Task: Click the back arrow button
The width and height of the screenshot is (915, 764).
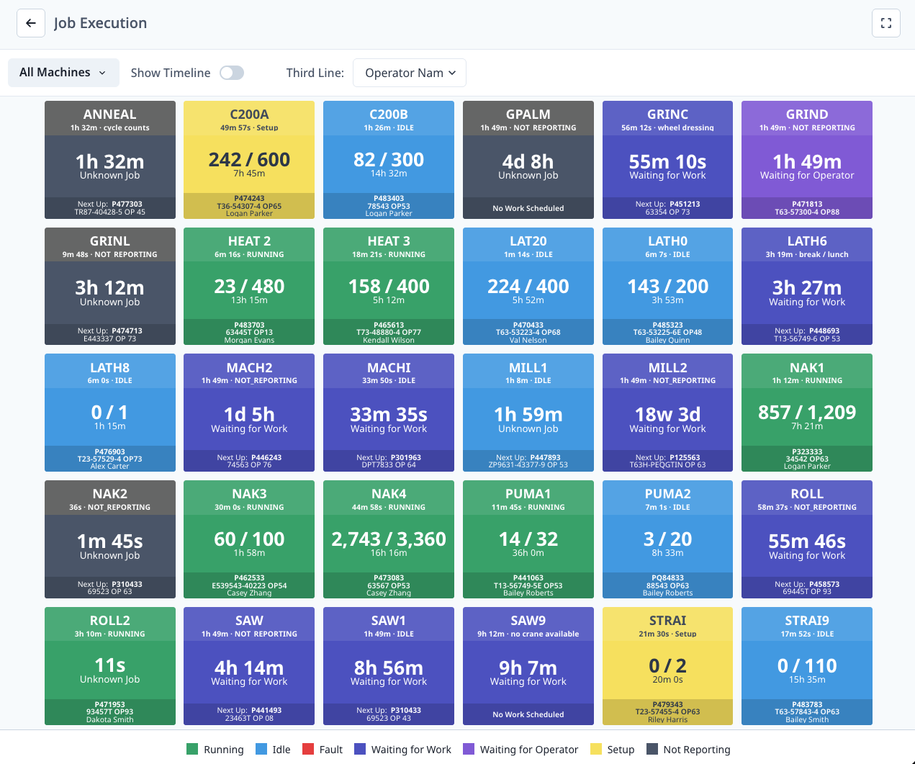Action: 31,23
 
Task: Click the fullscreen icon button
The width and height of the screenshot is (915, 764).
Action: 885,23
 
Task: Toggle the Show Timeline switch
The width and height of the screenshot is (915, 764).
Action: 232,73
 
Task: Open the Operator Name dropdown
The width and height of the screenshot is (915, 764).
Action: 410,73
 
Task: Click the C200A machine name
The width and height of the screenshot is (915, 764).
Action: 249,114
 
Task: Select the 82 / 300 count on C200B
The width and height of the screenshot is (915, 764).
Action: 389,160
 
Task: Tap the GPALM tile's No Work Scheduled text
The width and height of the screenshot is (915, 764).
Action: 528,208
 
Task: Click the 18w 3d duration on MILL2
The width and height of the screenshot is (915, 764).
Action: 667,415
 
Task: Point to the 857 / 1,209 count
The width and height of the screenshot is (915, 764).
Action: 807,413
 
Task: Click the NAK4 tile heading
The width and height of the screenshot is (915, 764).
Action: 389,494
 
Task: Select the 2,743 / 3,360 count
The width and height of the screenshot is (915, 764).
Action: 389,539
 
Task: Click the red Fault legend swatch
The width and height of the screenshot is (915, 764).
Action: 308,750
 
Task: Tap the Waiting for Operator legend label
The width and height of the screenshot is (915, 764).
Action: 528,750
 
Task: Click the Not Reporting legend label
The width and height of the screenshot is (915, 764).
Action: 696,750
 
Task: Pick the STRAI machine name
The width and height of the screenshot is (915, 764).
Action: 667,621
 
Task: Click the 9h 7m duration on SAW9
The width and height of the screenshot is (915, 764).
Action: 528,668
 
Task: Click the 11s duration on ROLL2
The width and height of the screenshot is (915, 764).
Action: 110,665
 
